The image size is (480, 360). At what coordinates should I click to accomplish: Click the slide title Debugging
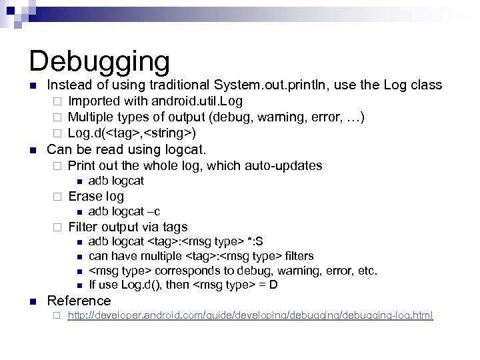tap(100, 61)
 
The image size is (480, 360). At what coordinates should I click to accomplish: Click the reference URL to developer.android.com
tap(250, 315)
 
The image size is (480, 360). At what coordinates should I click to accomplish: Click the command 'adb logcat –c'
tap(124, 211)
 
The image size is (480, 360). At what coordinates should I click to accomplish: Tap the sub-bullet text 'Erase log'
tap(96, 197)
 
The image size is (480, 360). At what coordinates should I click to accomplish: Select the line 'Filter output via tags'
tap(128, 227)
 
